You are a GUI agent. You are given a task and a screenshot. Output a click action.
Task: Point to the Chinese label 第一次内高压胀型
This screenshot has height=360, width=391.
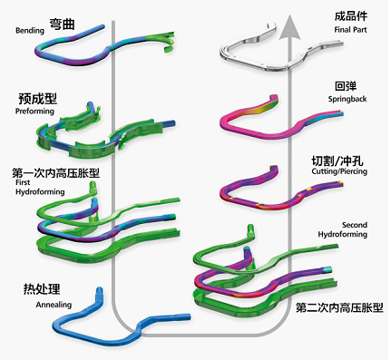coord(55,172)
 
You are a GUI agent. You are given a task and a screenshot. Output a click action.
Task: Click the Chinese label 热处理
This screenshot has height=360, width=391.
coord(42,289)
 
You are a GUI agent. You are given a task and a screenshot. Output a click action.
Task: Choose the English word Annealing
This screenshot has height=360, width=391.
coord(53,305)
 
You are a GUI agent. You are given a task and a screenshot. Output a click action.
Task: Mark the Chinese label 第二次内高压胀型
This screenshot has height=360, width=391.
coord(340,308)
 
